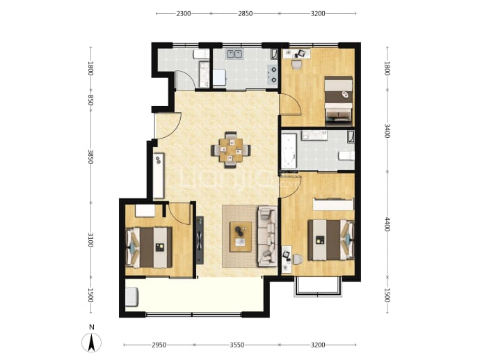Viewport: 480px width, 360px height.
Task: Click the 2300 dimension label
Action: point(184,13)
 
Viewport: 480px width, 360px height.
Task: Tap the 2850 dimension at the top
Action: point(245,13)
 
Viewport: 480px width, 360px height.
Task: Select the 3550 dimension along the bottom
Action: point(237,345)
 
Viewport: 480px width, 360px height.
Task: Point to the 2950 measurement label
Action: point(159,345)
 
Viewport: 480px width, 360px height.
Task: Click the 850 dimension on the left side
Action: point(90,100)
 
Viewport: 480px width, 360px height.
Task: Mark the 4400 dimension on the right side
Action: point(387,225)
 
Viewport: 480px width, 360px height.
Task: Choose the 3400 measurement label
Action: point(387,131)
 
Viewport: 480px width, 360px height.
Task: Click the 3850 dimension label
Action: point(90,157)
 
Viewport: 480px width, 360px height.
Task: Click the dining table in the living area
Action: point(231,150)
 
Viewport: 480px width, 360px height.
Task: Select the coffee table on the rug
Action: point(241,237)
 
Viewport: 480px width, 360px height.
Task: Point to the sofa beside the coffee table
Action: point(268,236)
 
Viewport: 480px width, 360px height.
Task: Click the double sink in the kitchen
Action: point(234,54)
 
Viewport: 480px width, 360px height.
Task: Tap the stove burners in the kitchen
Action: point(272,75)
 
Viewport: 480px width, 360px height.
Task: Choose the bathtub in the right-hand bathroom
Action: point(289,150)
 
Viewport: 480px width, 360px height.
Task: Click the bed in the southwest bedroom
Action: point(149,247)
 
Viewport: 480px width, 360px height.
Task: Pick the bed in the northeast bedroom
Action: point(338,100)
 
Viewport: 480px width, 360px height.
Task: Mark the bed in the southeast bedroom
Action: point(331,240)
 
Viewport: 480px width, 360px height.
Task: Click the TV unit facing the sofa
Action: point(200,240)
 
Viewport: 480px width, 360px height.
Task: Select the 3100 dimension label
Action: point(90,240)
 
